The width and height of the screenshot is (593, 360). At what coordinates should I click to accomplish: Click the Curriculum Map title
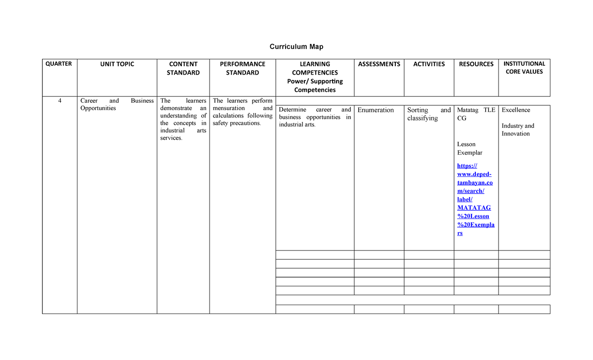(296, 46)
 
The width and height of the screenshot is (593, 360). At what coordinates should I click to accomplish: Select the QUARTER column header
(59, 64)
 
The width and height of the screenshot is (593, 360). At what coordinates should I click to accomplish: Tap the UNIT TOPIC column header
(117, 64)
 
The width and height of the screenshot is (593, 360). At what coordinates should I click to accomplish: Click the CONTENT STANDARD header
(183, 68)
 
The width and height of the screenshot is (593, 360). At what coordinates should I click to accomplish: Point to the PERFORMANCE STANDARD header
(242, 68)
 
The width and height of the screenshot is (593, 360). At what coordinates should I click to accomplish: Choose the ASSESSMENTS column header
(379, 64)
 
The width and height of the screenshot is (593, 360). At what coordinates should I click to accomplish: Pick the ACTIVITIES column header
(429, 64)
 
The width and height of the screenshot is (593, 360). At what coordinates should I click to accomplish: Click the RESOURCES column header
(476, 64)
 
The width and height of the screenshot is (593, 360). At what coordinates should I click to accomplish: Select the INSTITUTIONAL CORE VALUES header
(524, 68)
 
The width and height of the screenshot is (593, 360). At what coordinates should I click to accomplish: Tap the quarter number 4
(59, 101)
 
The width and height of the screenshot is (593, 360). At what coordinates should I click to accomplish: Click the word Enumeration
(376, 110)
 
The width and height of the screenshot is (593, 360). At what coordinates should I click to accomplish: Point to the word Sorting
(418, 110)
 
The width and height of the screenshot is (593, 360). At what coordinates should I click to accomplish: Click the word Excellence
(515, 110)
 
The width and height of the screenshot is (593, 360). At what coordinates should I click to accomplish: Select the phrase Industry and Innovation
(517, 130)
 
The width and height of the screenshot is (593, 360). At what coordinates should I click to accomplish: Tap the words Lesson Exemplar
(469, 149)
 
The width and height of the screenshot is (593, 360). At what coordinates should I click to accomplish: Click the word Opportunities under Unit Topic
(98, 108)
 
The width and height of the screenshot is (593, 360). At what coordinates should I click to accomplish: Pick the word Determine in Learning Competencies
(293, 110)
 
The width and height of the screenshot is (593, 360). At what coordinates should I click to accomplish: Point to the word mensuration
(228, 108)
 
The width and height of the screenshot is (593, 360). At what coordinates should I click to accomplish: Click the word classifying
(423, 119)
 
